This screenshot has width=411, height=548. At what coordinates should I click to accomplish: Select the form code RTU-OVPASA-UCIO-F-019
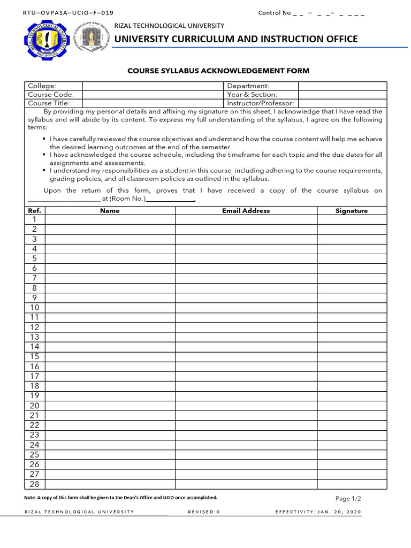68,13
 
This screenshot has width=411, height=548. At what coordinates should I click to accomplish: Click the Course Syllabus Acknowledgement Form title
218,71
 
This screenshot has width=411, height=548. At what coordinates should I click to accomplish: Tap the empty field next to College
152,86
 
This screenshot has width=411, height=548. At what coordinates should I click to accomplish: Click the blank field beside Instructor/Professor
342,103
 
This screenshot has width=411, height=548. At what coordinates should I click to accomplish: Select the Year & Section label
252,95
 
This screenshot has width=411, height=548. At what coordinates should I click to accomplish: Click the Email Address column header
246,211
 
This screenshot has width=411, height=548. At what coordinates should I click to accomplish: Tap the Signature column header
352,211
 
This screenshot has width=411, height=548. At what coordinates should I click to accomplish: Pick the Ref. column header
34,211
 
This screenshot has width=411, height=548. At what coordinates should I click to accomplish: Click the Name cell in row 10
110,308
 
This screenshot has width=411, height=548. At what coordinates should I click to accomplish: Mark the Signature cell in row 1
352,220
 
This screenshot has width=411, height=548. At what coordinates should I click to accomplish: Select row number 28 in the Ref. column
35,484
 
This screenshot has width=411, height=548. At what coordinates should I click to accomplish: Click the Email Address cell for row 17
246,376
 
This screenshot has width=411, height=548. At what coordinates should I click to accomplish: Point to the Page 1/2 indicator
348,499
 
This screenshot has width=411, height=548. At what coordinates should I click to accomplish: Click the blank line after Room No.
170,199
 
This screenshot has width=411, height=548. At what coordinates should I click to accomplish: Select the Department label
248,86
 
